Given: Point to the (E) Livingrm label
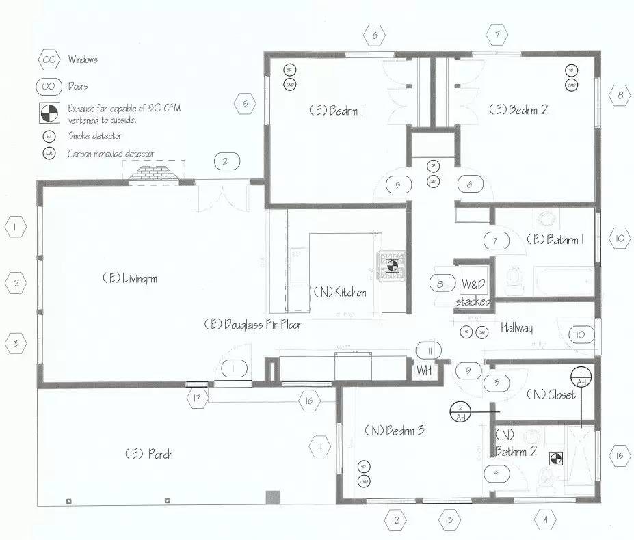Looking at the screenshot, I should (131, 278).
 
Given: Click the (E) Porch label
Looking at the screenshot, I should (148, 454).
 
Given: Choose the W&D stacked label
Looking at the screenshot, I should (474, 292).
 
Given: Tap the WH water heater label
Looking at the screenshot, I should (424, 370).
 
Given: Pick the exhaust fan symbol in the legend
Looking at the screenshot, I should (49, 113).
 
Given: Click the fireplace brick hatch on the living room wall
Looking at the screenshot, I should (155, 174).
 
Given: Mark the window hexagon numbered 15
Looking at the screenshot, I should (619, 456).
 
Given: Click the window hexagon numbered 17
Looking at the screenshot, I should (196, 398).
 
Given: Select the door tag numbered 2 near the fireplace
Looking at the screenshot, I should (226, 162).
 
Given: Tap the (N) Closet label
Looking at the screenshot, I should (551, 394).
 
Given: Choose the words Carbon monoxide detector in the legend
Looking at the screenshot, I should (111, 154).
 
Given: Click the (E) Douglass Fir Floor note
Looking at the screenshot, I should (252, 325).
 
